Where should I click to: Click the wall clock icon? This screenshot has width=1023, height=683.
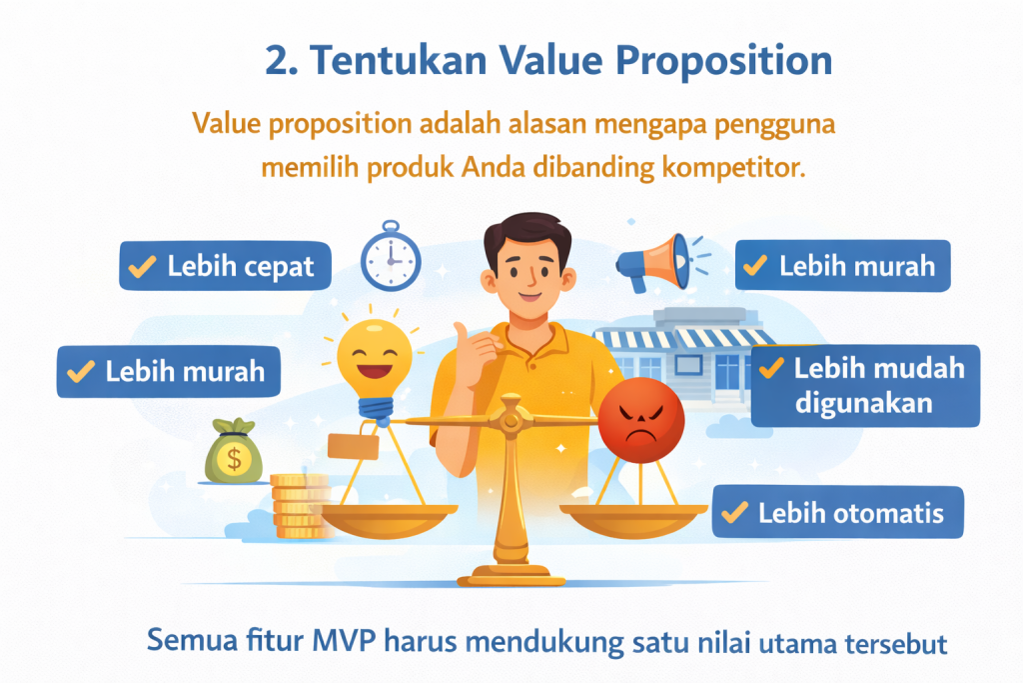point(388,258)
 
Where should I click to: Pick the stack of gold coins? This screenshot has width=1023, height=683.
point(300,506)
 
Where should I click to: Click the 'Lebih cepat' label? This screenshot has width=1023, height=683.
point(225,266)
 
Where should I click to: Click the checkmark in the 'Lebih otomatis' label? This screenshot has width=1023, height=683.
point(735,513)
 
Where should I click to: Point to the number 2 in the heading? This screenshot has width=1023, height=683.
point(276,61)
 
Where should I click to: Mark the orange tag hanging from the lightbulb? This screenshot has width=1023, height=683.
point(353,444)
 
